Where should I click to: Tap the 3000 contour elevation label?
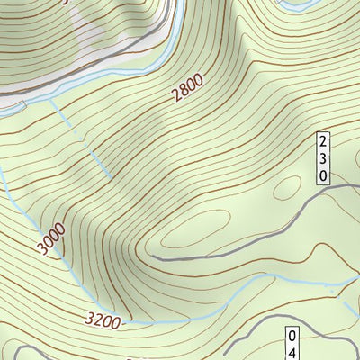pyautogui.click(x=51, y=239)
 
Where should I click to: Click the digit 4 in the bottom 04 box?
pyautogui.click(x=292, y=353)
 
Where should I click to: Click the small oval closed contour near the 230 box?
pyautogui.click(x=287, y=187)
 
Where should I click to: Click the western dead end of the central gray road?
pyautogui.click(x=154, y=257)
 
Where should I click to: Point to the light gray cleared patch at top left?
pyautogui.click(x=108, y=36)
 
